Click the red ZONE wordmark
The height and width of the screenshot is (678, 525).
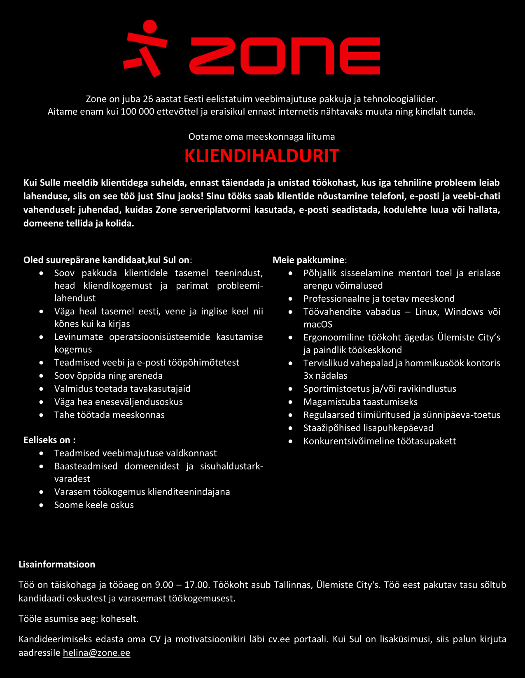click(x=284, y=56)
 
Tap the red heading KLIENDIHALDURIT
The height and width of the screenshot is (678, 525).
click(x=262, y=156)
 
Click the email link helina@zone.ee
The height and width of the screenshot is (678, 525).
click(x=96, y=653)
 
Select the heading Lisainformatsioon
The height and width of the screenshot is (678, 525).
click(x=57, y=564)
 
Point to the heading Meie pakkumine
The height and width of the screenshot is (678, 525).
click(x=308, y=260)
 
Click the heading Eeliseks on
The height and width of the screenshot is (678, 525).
click(x=49, y=440)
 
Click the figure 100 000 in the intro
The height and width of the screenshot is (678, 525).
click(x=137, y=111)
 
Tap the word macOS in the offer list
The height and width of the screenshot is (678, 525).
click(x=317, y=324)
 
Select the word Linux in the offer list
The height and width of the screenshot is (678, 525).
click(x=426, y=312)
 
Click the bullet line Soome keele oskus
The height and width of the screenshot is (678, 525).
click(x=94, y=505)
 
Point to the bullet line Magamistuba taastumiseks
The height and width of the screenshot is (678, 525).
click(x=360, y=402)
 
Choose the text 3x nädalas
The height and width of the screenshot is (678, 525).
click(x=325, y=375)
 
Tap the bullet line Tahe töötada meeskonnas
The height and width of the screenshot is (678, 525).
click(x=109, y=415)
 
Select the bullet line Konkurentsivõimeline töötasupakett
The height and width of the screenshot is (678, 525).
click(x=380, y=441)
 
